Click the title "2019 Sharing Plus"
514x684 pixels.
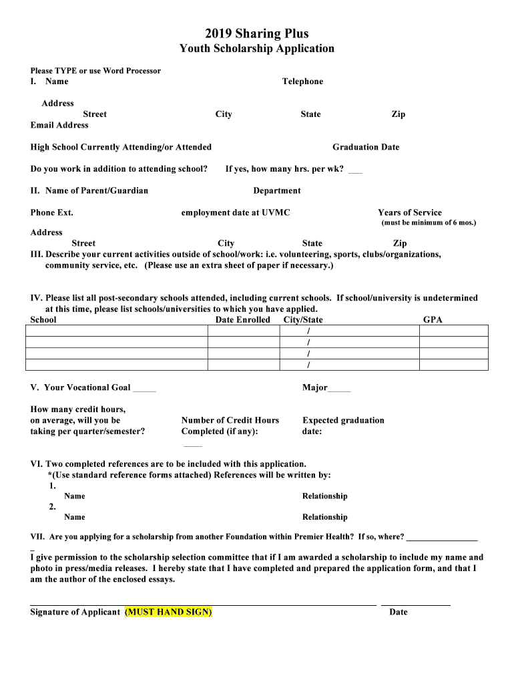point(257,33)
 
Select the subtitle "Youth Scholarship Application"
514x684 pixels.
point(257,49)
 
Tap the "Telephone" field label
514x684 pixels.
point(302,81)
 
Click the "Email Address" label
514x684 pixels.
point(59,125)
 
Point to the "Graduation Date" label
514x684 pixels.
point(366,147)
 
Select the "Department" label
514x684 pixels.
point(277,191)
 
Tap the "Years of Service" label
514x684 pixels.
point(410,213)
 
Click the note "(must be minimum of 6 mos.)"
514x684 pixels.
point(429,222)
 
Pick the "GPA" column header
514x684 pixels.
point(433,320)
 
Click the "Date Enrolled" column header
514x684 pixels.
point(243,320)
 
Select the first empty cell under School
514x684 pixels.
point(116,331)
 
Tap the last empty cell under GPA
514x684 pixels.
point(454,365)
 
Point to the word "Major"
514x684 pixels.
point(315,388)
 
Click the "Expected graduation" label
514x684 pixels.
point(343,421)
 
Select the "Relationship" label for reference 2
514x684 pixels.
point(325,517)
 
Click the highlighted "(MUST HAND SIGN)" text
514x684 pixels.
point(168,613)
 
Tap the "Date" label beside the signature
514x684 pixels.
point(399,613)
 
